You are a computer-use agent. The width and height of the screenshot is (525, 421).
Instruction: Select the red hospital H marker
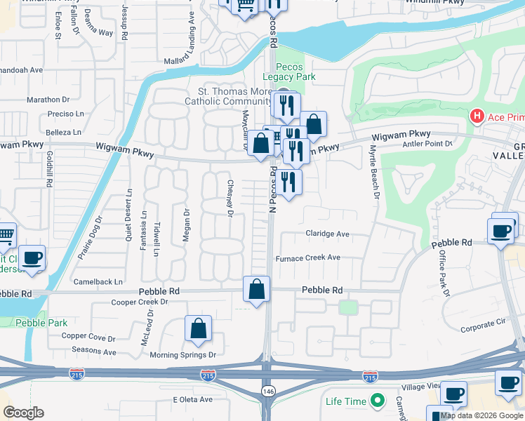coord(477,115)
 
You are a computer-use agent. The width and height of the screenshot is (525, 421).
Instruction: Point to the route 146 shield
coord(268,390)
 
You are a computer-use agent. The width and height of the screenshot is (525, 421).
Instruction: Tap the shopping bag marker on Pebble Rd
coord(257,289)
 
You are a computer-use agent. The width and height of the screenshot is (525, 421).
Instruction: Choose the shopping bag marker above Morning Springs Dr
coord(199,328)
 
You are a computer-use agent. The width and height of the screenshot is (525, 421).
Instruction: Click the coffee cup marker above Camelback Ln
coord(32,258)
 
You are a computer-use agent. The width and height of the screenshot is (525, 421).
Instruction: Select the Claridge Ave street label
coord(327,234)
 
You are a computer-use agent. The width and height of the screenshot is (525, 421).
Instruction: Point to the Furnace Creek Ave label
coord(307,258)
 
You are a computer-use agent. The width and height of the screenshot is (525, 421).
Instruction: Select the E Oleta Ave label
coord(192,399)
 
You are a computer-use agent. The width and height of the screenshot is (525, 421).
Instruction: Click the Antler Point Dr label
coord(429,144)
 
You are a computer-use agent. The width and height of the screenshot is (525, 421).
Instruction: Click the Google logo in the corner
coord(23,413)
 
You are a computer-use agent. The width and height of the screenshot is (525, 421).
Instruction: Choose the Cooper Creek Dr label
coord(140,302)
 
